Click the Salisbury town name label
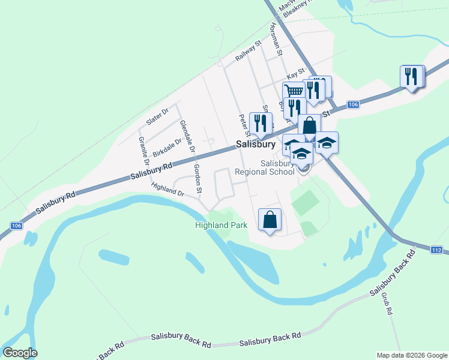255,144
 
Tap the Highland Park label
221,226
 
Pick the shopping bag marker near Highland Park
270,220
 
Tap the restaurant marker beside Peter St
260,123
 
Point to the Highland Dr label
167,190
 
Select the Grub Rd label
386,304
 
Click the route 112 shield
437,250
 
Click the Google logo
20,353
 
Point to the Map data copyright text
411,355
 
